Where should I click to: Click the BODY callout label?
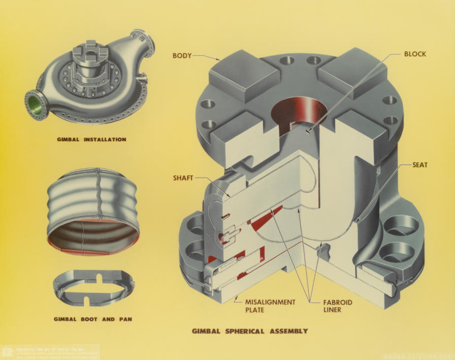[x=182, y=56]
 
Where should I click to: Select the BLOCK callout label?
[x=415, y=54]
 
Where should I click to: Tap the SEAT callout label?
[x=420, y=165]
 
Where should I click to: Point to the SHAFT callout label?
[x=184, y=178]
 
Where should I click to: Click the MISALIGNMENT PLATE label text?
[x=271, y=306]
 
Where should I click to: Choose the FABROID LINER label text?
[x=338, y=306]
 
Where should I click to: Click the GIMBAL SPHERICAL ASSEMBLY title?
[x=249, y=331]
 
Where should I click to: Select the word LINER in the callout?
[x=334, y=310]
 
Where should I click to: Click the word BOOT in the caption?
[x=89, y=319]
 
